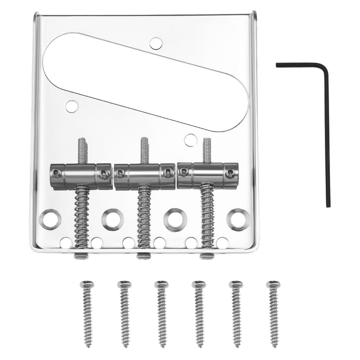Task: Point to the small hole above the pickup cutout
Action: click(x=156, y=43)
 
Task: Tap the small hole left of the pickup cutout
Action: click(x=72, y=106)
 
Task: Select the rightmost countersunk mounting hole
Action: click(x=239, y=220)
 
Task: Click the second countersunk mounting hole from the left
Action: click(x=113, y=220)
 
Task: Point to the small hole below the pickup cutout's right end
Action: click(x=190, y=140)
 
